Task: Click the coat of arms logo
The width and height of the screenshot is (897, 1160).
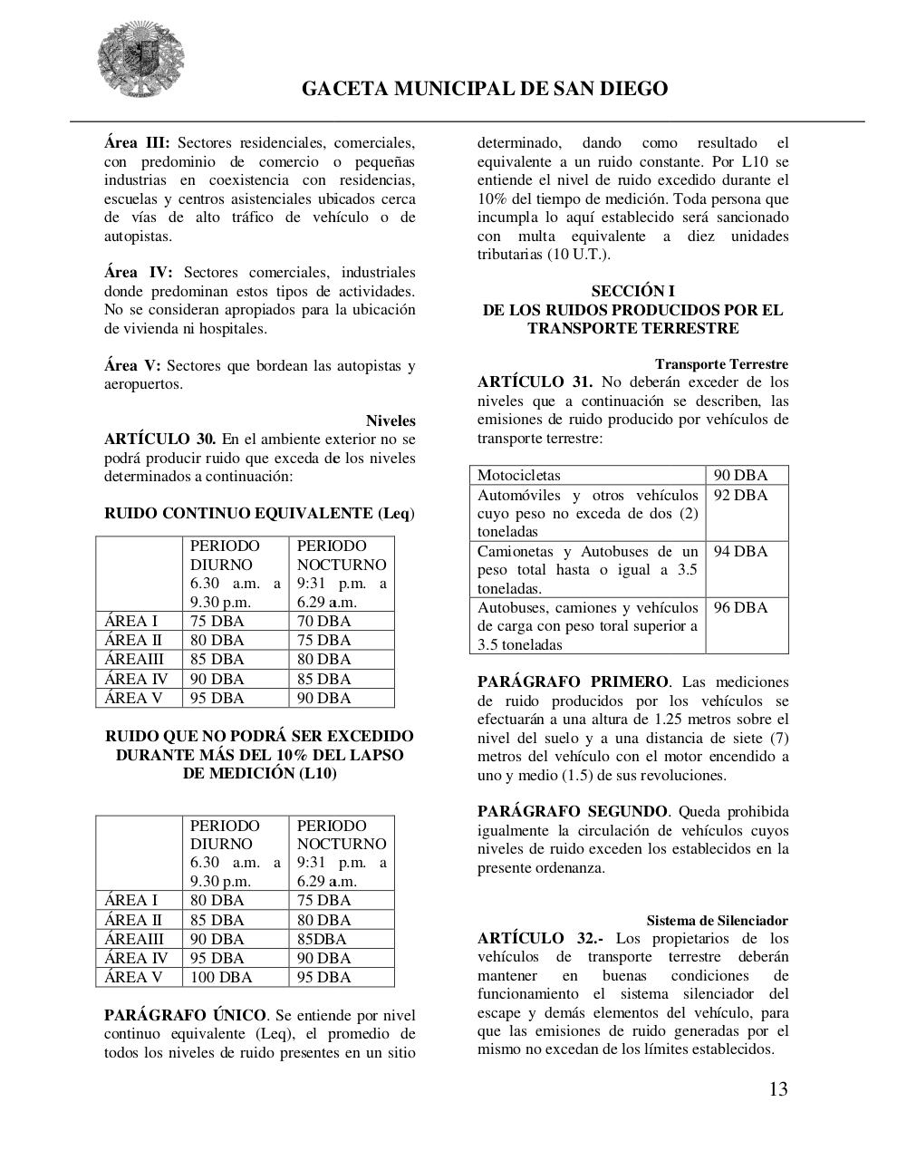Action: [141, 60]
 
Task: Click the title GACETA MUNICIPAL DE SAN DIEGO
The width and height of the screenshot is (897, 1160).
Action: [484, 89]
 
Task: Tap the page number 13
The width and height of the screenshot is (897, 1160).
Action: [777, 1089]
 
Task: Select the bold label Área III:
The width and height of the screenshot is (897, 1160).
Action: [137, 143]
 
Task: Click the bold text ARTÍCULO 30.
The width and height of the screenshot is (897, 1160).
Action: [159, 440]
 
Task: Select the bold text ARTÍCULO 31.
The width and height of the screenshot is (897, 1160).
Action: [535, 382]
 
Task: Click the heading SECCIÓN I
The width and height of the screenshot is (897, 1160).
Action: [632, 291]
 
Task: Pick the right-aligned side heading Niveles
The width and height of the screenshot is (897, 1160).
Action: [391, 421]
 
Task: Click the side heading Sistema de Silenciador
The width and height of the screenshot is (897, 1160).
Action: [717, 921]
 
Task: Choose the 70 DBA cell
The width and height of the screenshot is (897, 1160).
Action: [323, 622]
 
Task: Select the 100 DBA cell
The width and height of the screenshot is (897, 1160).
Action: [221, 978]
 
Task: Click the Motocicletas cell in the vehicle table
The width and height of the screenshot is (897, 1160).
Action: [519, 476]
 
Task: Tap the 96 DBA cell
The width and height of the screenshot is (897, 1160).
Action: [740, 608]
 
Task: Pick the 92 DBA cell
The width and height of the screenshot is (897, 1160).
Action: [740, 496]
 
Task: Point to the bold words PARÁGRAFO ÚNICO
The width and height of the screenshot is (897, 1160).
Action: [185, 1015]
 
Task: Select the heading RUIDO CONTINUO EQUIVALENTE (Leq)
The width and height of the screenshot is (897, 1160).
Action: [259, 514]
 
